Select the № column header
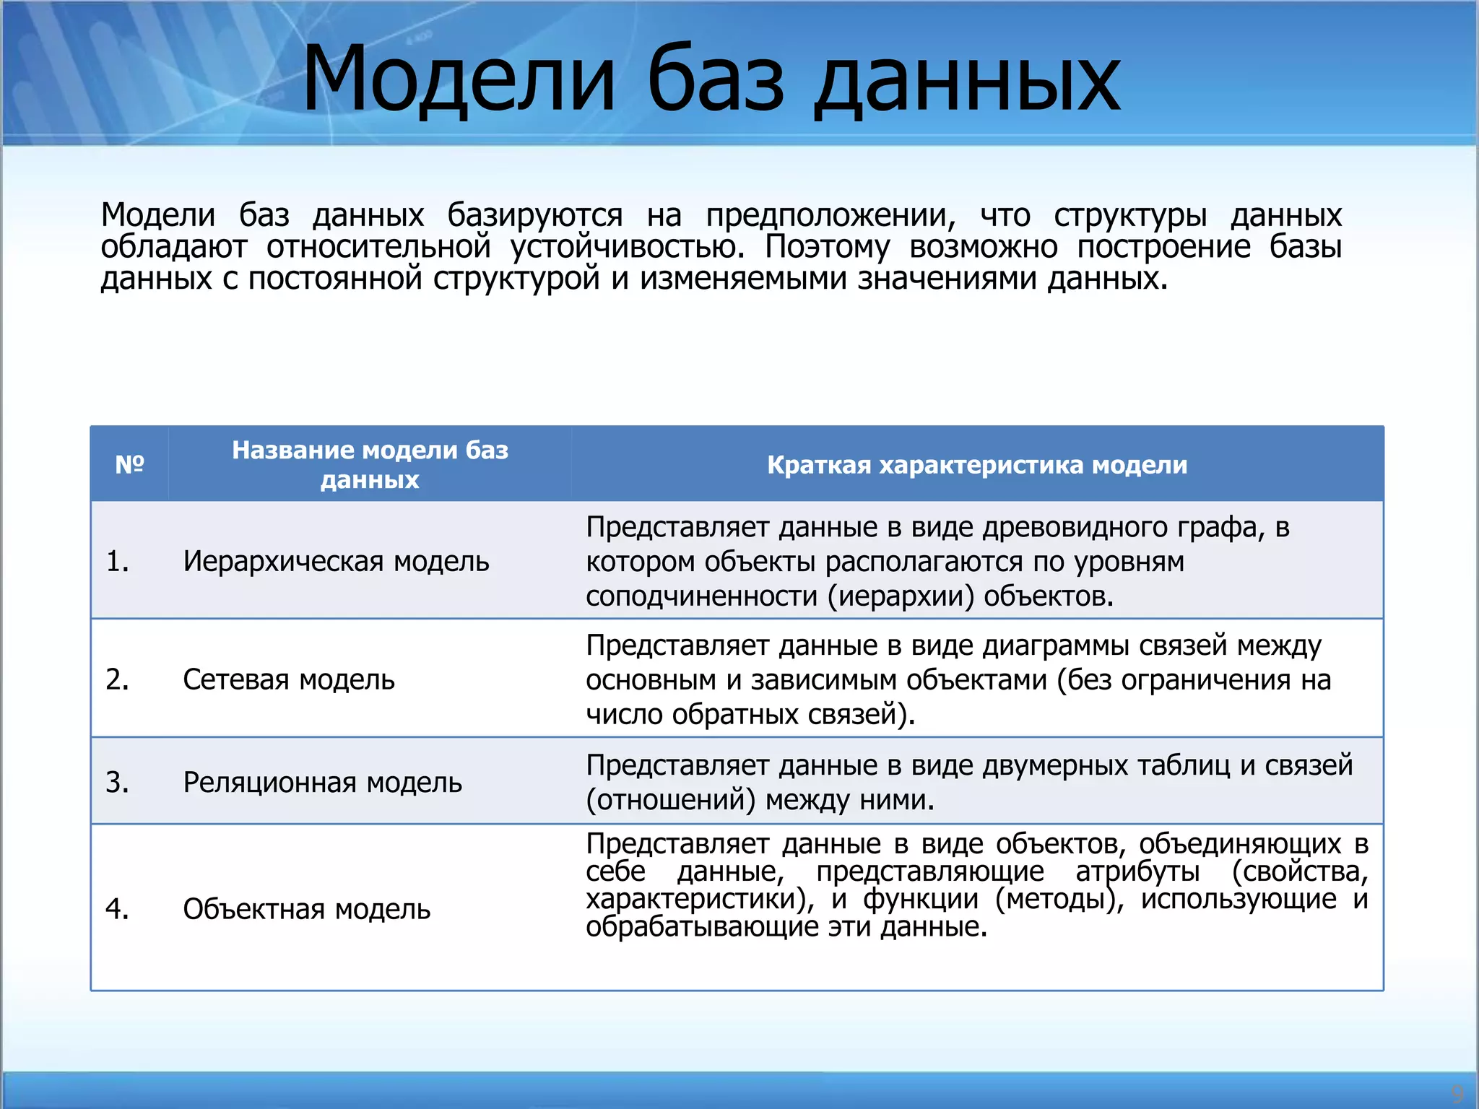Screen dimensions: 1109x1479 point(130,464)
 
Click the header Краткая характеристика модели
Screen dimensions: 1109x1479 point(977,464)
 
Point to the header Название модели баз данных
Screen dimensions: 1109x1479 point(370,464)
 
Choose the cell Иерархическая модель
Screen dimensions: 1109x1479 point(336,561)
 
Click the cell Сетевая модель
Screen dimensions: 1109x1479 point(289,679)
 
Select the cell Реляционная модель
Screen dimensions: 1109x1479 point(322,782)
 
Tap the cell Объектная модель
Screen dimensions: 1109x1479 point(306,909)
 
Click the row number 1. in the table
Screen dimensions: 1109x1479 point(117,561)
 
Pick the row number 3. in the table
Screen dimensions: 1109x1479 point(117,782)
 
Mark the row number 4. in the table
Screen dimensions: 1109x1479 point(117,909)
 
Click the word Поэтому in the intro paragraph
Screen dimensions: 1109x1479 point(827,247)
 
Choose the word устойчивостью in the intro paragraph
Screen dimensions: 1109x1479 point(627,247)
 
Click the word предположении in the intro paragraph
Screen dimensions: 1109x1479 point(830,215)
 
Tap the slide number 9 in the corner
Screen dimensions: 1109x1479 point(1457,1092)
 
